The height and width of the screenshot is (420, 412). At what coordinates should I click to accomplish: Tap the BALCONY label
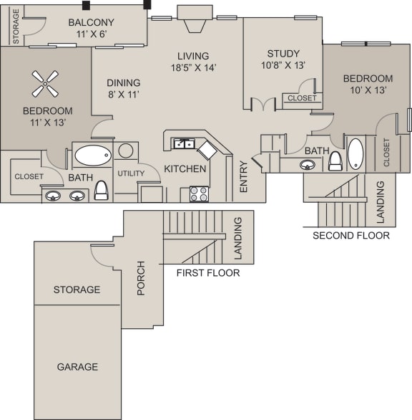(x=91, y=22)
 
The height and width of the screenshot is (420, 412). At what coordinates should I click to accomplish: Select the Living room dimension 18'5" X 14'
(x=193, y=68)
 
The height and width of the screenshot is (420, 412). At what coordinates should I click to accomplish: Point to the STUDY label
(x=283, y=54)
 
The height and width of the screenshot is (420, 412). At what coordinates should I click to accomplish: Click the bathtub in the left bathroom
(x=93, y=154)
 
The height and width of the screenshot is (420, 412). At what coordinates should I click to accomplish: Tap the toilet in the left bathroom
(x=101, y=190)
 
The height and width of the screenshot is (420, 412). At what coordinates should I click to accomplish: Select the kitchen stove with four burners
(x=199, y=194)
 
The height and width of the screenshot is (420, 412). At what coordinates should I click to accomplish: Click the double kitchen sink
(x=185, y=143)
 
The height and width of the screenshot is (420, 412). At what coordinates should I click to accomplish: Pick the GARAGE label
(x=77, y=366)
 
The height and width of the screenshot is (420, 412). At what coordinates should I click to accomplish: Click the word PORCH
(x=141, y=278)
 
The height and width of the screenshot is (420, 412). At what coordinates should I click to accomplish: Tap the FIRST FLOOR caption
(x=208, y=272)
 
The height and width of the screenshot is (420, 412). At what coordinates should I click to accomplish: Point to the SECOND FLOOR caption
(x=350, y=235)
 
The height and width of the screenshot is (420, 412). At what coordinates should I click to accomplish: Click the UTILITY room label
(x=132, y=173)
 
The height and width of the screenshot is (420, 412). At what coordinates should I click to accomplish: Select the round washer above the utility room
(x=126, y=151)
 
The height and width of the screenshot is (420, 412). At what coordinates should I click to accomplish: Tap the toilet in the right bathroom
(x=335, y=163)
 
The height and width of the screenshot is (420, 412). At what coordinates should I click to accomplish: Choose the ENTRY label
(x=243, y=176)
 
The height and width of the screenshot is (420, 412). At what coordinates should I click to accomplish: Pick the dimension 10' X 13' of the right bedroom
(x=367, y=91)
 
